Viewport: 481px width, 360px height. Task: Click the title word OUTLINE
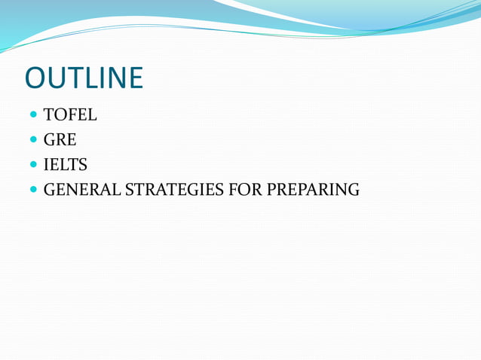tap(84, 78)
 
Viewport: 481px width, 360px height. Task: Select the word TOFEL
tap(71, 116)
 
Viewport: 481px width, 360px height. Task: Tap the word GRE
tap(60, 140)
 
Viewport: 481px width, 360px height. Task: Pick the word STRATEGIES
tap(172, 190)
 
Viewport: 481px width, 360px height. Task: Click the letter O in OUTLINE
tap(35, 78)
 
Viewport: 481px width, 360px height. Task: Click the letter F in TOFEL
tap(72, 116)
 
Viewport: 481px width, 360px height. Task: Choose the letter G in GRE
tap(51, 140)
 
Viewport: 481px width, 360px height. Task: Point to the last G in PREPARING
tap(352, 190)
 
